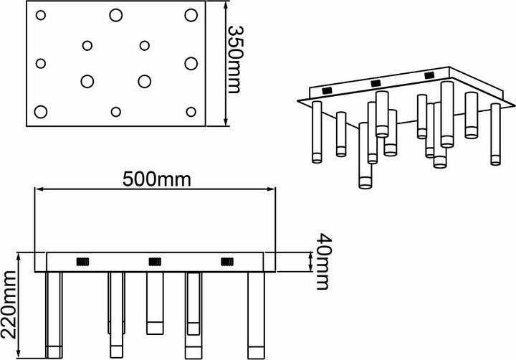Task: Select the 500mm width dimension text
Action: click(x=156, y=179)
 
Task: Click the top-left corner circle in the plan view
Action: click(x=40, y=15)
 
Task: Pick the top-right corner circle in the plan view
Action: click(x=191, y=15)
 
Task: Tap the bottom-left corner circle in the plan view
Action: click(x=40, y=111)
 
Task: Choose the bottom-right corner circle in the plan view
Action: click(x=191, y=111)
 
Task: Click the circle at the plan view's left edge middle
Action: click(x=40, y=63)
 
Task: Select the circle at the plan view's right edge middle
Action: click(x=191, y=63)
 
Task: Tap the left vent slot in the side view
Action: click(x=82, y=261)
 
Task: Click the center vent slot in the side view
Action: click(x=155, y=261)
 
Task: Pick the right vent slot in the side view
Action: click(x=228, y=261)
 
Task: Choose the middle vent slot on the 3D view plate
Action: click(x=377, y=83)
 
